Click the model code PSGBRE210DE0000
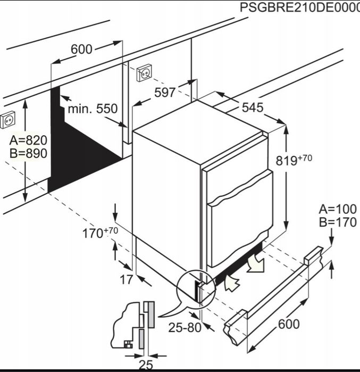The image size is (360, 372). [x=300, y=7]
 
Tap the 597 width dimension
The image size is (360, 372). [x=165, y=93]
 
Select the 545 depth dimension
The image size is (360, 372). [x=253, y=108]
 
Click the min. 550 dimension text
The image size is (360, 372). [x=93, y=109]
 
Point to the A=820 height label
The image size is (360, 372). [x=28, y=140]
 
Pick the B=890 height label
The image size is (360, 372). [x=28, y=153]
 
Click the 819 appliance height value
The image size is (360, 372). [x=287, y=161]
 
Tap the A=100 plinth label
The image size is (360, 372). [x=338, y=209]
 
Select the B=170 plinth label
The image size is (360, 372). [x=338, y=222]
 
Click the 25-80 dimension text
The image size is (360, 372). [x=185, y=328]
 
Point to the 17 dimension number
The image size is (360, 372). [x=127, y=280]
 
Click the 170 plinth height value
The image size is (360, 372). [x=93, y=233]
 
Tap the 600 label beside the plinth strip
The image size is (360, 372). [x=289, y=324]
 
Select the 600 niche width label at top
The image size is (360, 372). [x=81, y=49]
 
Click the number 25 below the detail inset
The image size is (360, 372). [x=146, y=366]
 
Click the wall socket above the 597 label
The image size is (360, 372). [x=144, y=72]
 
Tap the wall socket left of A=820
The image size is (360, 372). [x=8, y=120]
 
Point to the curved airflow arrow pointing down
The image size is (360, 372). [x=255, y=262]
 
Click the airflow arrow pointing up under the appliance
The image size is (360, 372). [x=231, y=283]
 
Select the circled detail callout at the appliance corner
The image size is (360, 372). [x=196, y=289]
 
